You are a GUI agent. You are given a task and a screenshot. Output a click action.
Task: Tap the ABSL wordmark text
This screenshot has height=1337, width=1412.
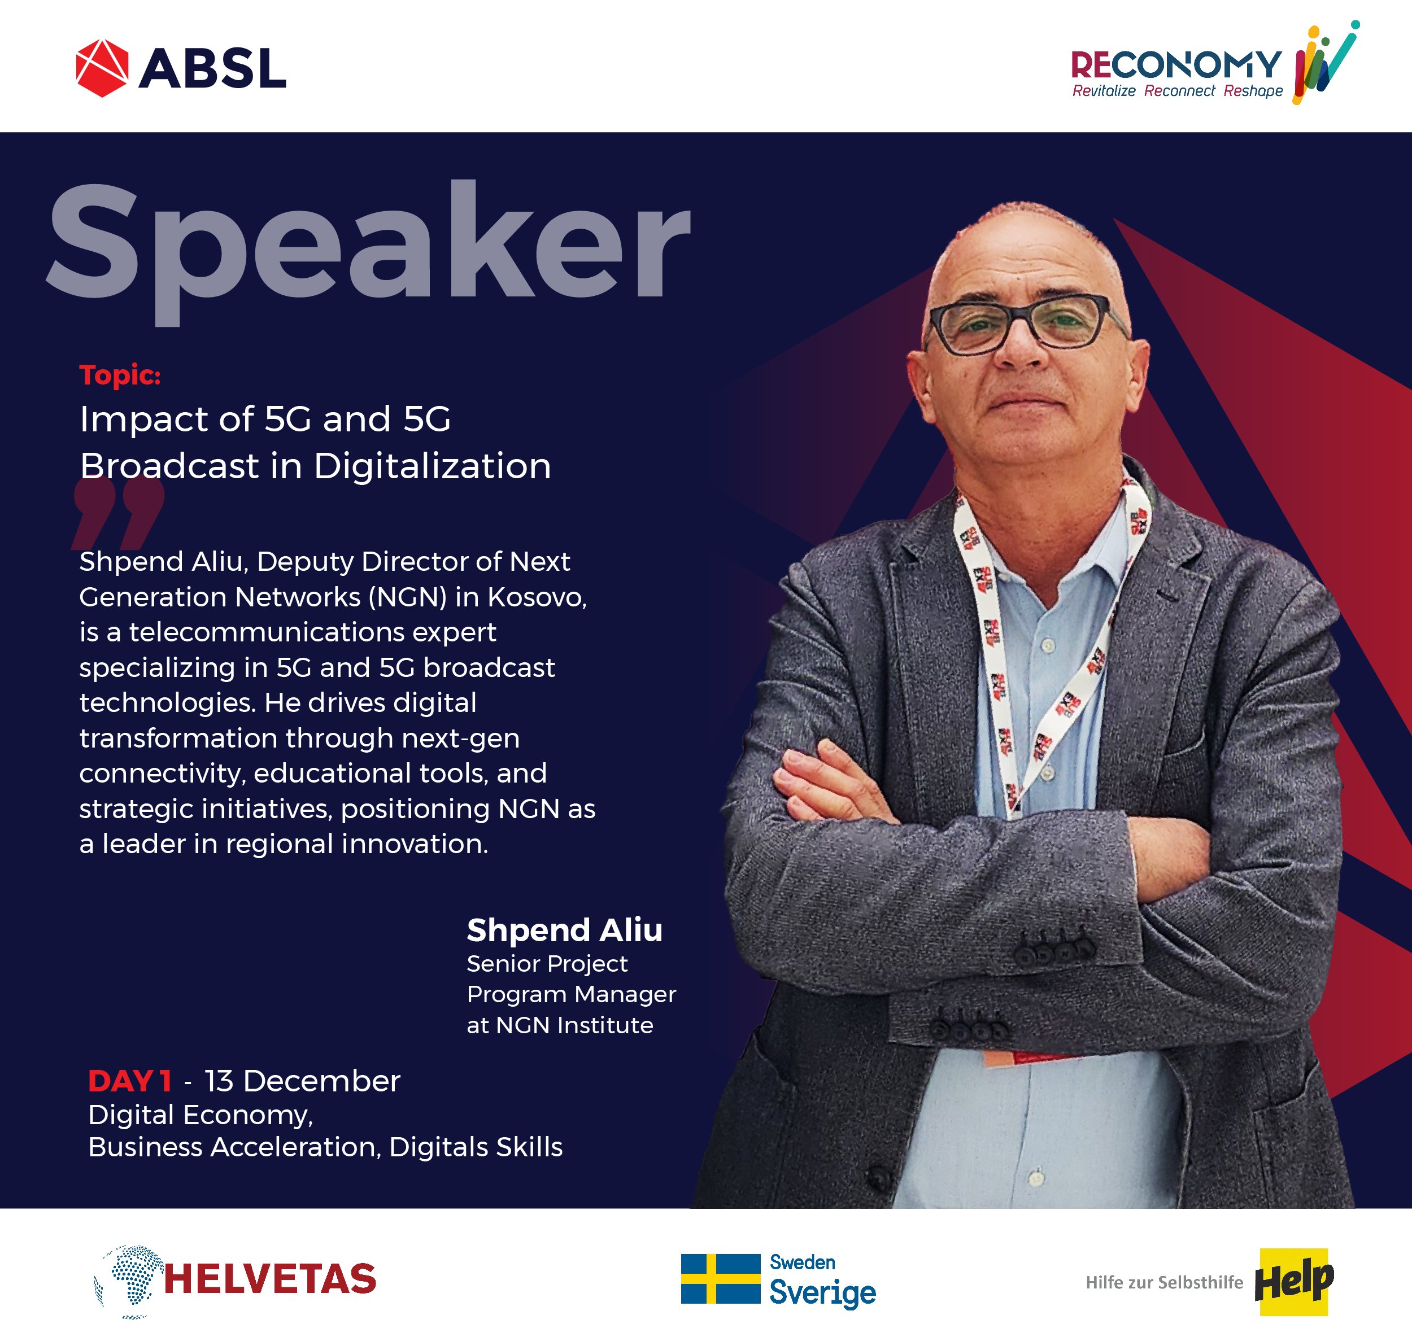point(212,68)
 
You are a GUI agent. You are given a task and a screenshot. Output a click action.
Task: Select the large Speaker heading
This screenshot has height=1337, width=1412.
point(368,250)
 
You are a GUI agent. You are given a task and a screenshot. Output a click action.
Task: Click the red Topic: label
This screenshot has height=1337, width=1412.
point(120,375)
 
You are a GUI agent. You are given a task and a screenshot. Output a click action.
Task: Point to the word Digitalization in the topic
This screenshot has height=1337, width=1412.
point(432,466)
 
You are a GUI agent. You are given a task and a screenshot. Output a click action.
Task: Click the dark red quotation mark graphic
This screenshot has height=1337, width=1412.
point(117,513)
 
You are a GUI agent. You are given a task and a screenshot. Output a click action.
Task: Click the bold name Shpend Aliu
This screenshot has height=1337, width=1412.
point(564,930)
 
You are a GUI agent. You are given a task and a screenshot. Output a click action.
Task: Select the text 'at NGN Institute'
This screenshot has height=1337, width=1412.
point(560,1025)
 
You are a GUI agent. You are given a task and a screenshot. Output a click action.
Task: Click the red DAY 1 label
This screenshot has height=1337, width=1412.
point(130,1081)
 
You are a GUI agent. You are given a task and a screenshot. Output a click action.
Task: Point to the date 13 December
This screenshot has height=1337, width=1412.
point(302,1081)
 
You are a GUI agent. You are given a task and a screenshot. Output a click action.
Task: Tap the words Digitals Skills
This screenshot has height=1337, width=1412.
point(476,1147)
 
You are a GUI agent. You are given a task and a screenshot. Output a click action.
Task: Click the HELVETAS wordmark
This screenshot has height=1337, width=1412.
point(269,1279)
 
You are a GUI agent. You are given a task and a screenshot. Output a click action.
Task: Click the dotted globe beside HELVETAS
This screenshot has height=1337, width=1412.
point(128,1280)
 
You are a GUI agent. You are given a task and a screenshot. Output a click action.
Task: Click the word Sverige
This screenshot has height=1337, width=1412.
point(822,1293)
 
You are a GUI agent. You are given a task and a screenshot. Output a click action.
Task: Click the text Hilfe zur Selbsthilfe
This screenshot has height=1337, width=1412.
point(1164,1282)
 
